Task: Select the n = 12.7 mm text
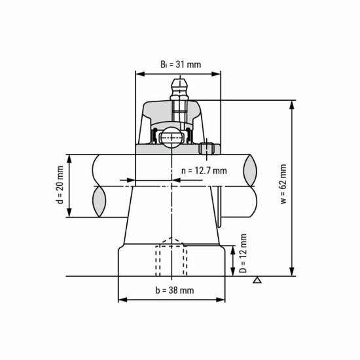click(203, 171)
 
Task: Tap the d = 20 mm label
click(60, 187)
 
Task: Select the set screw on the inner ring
click(209, 150)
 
